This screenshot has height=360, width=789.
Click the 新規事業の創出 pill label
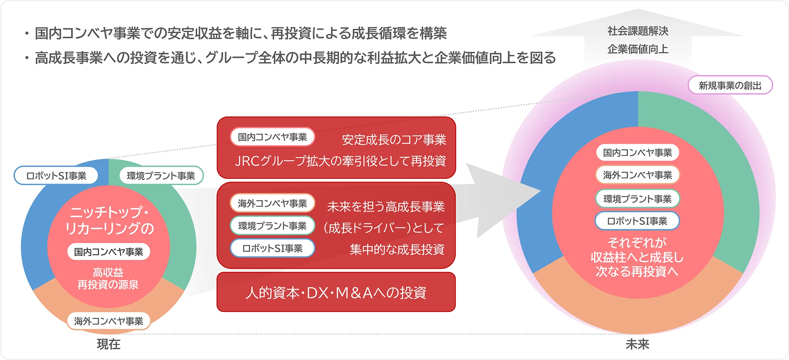[730, 85]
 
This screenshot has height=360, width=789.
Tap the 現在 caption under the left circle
[108, 344]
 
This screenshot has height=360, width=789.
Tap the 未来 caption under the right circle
[637, 344]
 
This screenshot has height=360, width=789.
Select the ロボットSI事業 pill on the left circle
[56, 176]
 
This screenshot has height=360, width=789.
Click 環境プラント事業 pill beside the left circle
[161, 176]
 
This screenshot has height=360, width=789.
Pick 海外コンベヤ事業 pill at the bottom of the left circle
[108, 321]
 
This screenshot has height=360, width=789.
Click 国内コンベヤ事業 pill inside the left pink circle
[108, 252]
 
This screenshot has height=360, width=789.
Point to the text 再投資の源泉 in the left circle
[108, 285]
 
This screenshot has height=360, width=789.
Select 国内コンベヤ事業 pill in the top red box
[272, 137]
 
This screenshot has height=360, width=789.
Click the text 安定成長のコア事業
[394, 139]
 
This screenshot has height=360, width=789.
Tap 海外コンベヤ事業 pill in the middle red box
[272, 203]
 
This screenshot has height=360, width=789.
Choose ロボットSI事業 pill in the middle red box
[272, 248]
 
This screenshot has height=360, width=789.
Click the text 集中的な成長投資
[397, 249]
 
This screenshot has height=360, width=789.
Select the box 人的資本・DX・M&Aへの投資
[336, 292]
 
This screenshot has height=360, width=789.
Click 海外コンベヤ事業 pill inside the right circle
[637, 175]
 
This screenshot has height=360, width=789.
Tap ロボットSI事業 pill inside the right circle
[637, 221]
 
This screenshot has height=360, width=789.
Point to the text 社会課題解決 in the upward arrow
[638, 31]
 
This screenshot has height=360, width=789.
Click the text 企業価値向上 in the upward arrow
[638, 49]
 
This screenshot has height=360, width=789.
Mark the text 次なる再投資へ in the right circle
[637, 272]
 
